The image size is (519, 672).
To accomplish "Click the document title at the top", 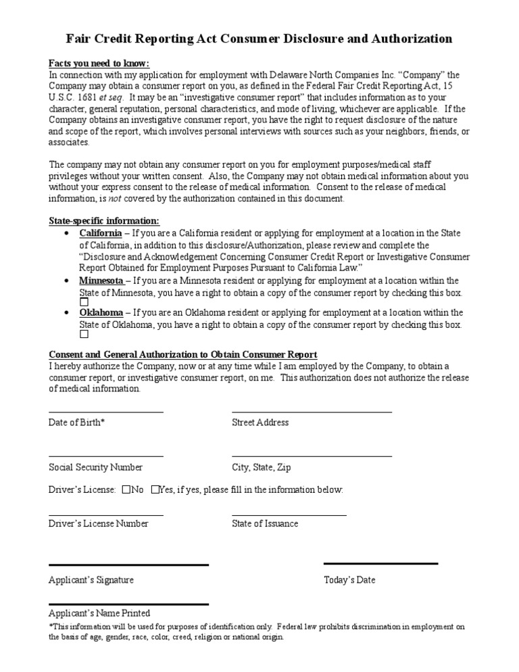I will (x=259, y=39).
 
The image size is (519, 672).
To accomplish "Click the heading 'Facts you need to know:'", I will (x=99, y=63).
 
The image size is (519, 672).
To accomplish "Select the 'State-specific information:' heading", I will (x=104, y=221).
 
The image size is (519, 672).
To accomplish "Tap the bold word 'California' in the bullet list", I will (x=101, y=233).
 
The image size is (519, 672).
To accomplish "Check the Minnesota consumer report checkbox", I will (x=84, y=302).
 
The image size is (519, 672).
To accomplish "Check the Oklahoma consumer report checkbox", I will (x=84, y=334).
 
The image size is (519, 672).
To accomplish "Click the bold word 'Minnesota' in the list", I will (x=101, y=281).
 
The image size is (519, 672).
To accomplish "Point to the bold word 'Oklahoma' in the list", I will (x=101, y=313).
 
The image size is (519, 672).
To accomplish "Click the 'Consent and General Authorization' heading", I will (x=182, y=355).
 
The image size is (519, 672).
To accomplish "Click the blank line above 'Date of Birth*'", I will (x=105, y=410).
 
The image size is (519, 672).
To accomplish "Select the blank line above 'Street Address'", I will (x=312, y=410).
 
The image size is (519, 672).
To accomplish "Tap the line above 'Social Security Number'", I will (x=105, y=456).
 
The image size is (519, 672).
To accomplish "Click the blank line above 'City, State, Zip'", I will (x=312, y=456).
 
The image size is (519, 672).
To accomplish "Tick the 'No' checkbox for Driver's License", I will (x=126, y=489).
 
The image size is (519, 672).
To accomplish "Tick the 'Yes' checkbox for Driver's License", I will (x=155, y=489).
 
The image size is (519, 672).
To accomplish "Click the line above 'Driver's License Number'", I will (x=105, y=514).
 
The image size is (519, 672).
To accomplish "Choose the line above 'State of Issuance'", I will (x=289, y=514).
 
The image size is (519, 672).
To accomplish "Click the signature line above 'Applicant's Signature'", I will (x=128, y=565).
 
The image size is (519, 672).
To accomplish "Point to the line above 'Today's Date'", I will (x=380, y=563).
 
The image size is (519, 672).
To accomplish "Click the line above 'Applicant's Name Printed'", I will (x=128, y=604).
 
